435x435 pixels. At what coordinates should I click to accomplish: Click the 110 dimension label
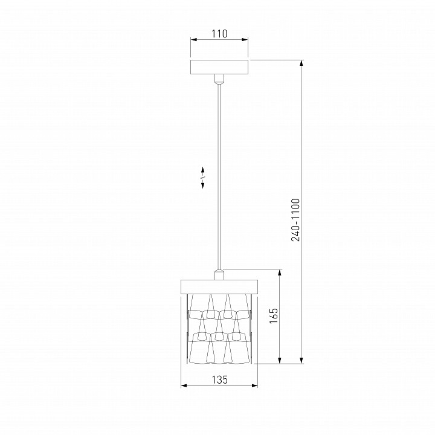point(219,34)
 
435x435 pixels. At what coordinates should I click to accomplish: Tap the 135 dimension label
point(220,379)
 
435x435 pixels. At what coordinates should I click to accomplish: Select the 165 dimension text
point(273,315)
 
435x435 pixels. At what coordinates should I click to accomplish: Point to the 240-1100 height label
point(295,220)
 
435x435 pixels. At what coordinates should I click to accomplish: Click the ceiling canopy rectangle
point(219,67)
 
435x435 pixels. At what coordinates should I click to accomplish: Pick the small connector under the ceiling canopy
point(219,79)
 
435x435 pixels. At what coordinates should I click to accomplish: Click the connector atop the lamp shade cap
point(219,274)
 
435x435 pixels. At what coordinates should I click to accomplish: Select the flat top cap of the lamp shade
point(219,286)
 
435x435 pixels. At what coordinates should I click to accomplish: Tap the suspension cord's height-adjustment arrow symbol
point(203,178)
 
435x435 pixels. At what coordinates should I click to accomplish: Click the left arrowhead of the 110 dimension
point(194,40)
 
